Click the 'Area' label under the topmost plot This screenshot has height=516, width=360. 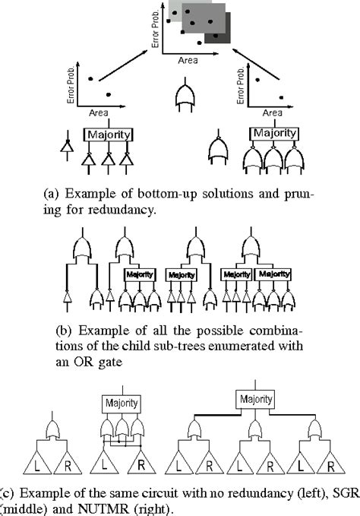tap(188, 58)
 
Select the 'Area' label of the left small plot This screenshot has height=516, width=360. tap(98, 112)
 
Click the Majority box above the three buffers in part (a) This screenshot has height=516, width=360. tap(109, 135)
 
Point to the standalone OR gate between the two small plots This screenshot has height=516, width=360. tap(184, 97)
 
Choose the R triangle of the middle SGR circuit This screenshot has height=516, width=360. tap(141, 462)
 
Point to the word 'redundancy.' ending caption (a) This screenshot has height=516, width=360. tap(126, 207)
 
